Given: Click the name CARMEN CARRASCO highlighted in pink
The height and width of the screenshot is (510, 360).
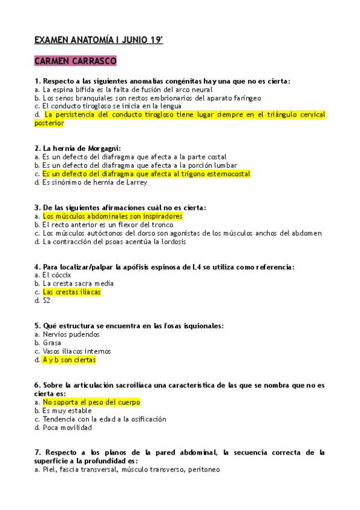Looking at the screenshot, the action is click(x=75, y=61).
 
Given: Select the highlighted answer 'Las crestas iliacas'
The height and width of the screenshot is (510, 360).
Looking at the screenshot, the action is click(x=72, y=292).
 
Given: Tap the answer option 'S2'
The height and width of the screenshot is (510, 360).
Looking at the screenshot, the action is click(x=47, y=301).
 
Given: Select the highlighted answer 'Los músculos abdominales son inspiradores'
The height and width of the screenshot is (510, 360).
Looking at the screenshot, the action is click(x=112, y=216).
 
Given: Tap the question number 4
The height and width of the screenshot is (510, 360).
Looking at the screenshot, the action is click(x=37, y=266).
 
